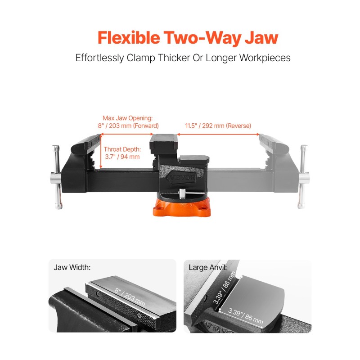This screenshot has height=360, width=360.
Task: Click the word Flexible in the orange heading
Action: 129,38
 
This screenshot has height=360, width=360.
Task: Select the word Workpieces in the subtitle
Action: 265,58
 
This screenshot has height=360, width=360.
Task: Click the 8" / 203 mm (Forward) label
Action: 128,126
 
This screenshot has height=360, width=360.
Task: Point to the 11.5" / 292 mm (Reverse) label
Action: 218,126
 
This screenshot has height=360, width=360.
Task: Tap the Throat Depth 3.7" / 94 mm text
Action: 122,153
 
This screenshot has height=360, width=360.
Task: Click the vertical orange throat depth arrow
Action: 100,151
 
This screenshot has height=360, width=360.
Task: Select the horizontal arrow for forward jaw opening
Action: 127,134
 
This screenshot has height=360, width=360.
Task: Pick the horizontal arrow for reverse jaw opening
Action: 218,134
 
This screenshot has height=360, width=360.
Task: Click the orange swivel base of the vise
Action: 182,207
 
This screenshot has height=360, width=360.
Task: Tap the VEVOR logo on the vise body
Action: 182,177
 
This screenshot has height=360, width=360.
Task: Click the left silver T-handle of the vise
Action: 57,177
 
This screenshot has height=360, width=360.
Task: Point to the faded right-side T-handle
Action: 303,177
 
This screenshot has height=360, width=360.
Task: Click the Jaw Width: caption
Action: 72,267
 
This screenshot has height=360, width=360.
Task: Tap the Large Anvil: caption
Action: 208,267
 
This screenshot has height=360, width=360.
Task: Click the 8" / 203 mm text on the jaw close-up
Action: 130,297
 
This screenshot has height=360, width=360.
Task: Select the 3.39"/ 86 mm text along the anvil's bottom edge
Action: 245,316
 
